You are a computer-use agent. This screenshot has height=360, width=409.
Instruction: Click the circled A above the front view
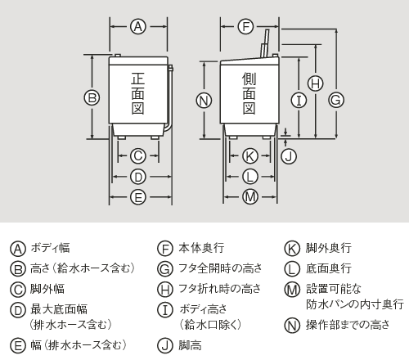pyautogui.click(x=138, y=27)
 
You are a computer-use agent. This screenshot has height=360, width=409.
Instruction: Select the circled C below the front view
pyautogui.click(x=138, y=155)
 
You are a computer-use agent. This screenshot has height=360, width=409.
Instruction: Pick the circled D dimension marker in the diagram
pyautogui.click(x=138, y=176)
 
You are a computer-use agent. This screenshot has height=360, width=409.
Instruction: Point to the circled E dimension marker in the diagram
pyautogui.click(x=138, y=196)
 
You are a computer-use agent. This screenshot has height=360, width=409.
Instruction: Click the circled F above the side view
pyautogui.click(x=245, y=27)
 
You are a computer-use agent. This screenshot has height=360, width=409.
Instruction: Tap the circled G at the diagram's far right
pyautogui.click(x=335, y=99)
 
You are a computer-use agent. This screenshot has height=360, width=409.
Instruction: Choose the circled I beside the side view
pyautogui.click(x=299, y=100)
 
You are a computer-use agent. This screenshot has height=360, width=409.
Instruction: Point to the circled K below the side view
pyautogui.click(x=250, y=155)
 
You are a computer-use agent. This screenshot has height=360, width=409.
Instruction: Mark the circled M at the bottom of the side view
pyautogui.click(x=250, y=196)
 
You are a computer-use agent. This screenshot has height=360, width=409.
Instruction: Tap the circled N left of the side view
pyautogui.click(x=204, y=100)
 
